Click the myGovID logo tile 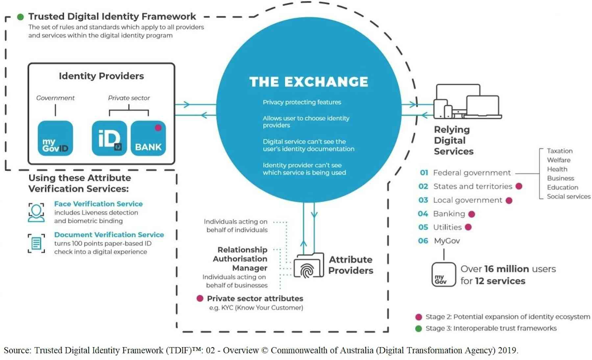coord(55,138)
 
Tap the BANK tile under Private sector coord(148,138)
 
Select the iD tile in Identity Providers coord(109,138)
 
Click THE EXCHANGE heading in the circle coord(308,82)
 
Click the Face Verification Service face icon coord(36,212)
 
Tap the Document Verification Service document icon coord(36,243)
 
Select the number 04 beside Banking coord(423,214)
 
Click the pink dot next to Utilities coord(468,227)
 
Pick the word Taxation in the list coord(559,151)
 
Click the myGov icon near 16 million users coord(443,275)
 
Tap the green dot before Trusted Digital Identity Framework coord(20,17)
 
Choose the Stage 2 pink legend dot coord(418,317)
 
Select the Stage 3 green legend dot coord(418,328)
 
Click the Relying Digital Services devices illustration coord(467,102)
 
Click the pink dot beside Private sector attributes coord(200,299)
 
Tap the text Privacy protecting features coord(302,102)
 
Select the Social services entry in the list coord(568,197)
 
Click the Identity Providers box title coord(101,76)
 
